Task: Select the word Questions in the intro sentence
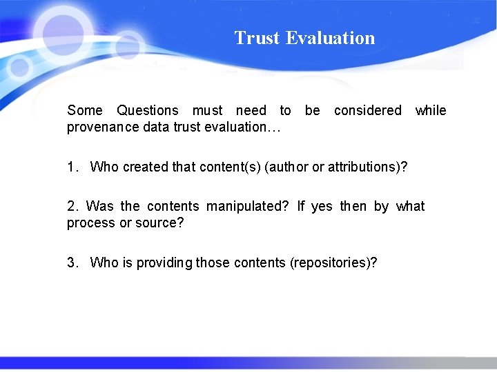[x=147, y=110]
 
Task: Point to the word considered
[x=367, y=110]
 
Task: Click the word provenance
[x=101, y=127]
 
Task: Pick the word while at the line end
[x=431, y=110]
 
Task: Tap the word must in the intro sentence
[x=207, y=110]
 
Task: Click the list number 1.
[x=72, y=167]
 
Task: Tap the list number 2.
[x=72, y=206]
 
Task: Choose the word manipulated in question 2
[x=245, y=206]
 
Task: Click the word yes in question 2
[x=322, y=207]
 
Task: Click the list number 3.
[x=72, y=262]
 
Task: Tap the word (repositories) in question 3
[x=333, y=262]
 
